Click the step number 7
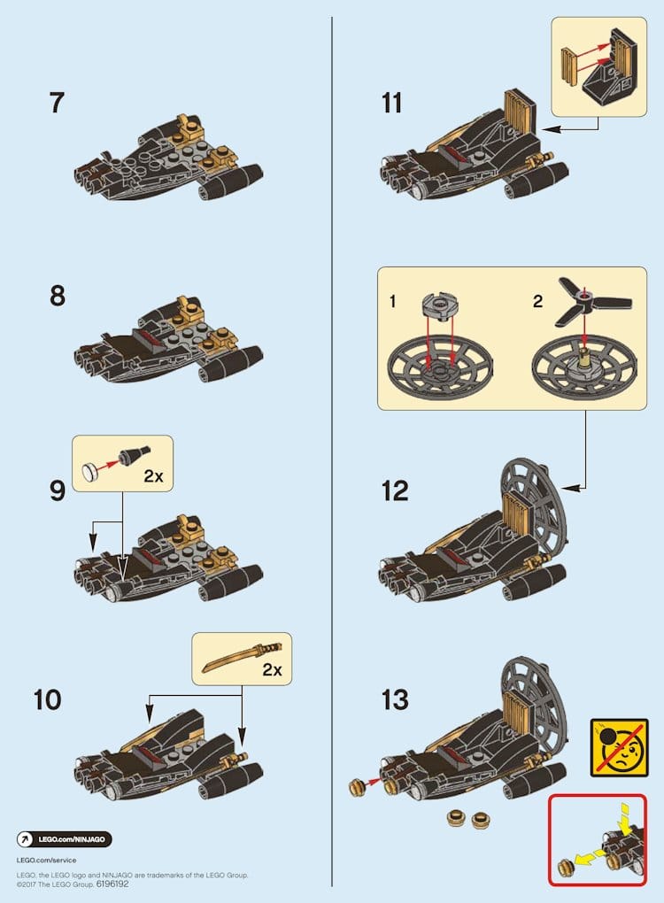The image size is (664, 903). pos(57,103)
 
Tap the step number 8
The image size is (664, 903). pos(57,296)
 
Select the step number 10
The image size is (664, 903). pos(47,700)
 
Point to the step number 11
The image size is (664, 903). pos(391,103)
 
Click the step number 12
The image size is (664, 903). pos(395,490)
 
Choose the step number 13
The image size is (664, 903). pos(395,700)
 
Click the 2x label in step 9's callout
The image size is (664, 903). pos(153,476)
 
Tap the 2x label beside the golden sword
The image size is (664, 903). pos(272,670)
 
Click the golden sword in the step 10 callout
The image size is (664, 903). pos(242,657)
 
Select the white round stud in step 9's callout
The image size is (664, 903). pos(90,472)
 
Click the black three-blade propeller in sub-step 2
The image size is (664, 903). pos(592,301)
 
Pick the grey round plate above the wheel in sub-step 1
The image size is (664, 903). pos(440,306)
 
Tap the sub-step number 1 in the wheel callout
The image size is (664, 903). pos(393,301)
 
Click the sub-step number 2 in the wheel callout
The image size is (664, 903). pos(537,301)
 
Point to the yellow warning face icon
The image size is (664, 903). pos(619,747)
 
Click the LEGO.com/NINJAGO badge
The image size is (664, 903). pos(64,839)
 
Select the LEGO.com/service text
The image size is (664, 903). pos(46,860)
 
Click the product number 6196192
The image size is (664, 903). pos(112,884)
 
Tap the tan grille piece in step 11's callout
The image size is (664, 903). pos(569,66)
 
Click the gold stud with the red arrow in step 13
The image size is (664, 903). pos(358,787)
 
